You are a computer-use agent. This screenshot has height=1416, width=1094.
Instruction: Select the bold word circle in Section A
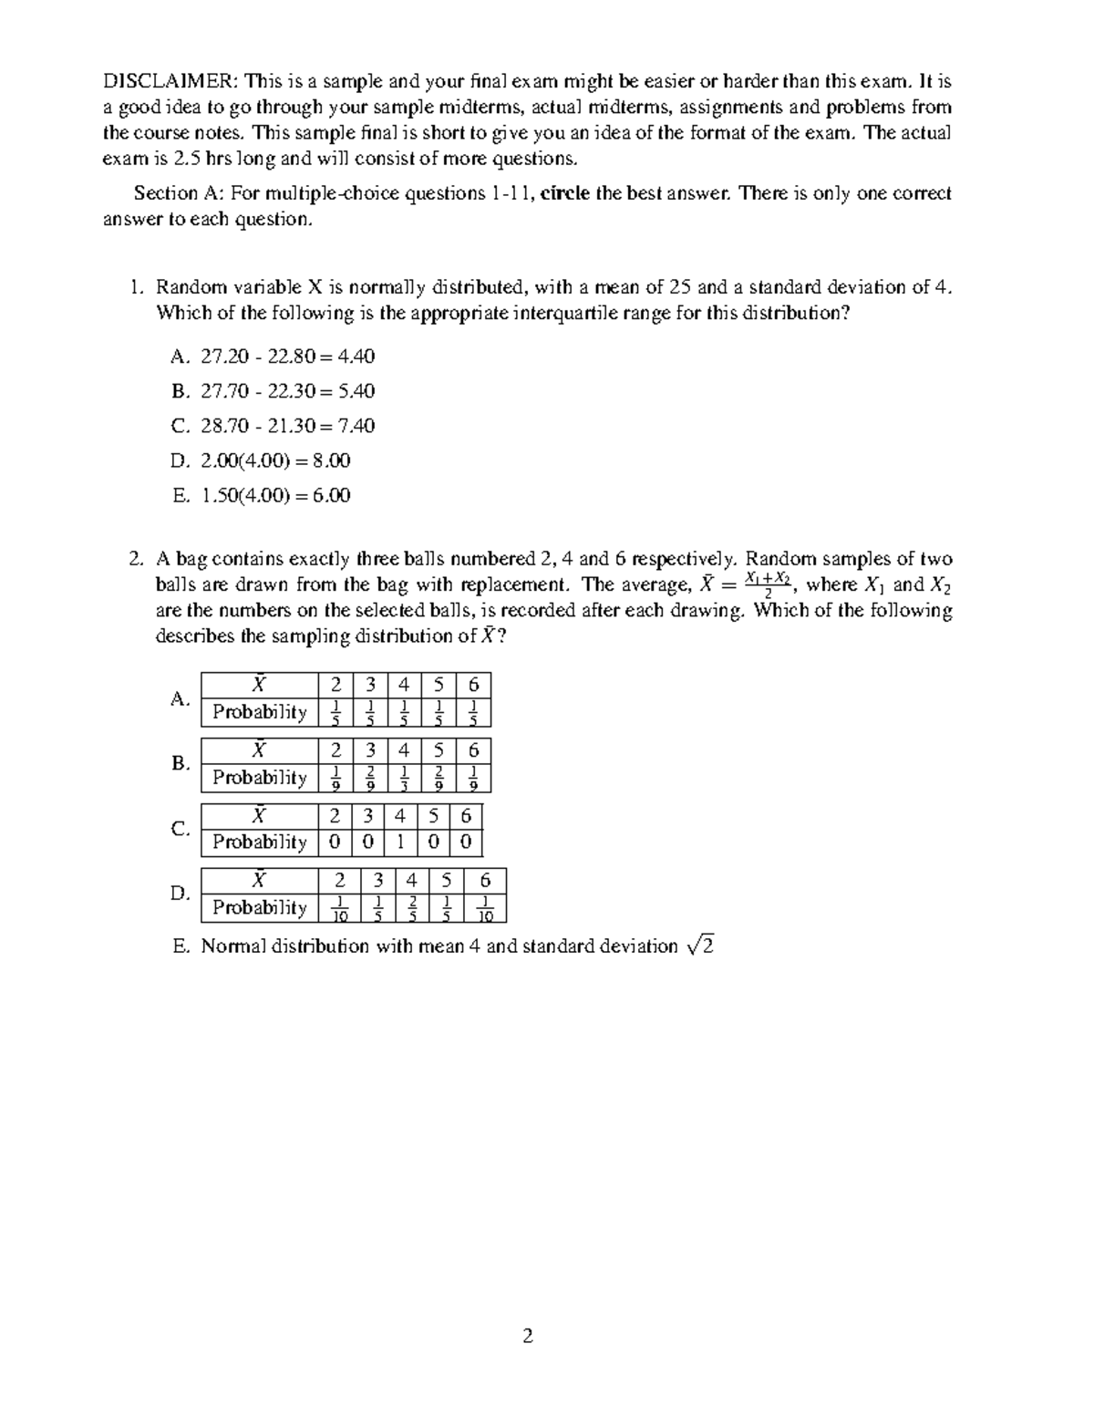565,193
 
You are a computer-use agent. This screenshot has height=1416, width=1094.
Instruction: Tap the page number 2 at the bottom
527,1337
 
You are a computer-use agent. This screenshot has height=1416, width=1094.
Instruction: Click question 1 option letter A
180,357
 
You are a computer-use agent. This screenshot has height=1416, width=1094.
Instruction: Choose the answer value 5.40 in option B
356,391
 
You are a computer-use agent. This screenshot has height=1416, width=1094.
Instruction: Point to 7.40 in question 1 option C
356,426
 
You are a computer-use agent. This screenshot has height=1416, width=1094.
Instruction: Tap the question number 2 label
136,559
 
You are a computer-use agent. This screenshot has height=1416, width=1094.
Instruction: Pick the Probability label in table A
260,712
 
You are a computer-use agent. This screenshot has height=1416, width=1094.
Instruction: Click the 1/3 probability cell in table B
404,778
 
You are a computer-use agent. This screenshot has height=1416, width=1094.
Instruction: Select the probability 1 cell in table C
400,842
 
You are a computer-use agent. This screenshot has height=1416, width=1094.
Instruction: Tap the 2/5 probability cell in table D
412,908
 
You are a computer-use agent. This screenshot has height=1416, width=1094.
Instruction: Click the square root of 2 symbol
701,946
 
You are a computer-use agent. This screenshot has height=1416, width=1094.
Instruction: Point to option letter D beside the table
180,894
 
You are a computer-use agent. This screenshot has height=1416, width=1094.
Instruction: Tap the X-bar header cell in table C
260,816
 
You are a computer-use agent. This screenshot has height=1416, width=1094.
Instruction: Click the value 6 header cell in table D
485,881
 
